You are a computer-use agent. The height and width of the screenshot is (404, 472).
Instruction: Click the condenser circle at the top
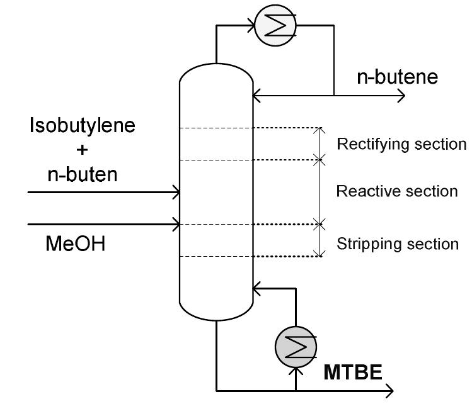tap(275, 26)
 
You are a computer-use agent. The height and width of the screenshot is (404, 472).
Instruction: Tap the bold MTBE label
tap(353, 373)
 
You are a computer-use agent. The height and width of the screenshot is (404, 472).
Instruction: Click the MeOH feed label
tap(75, 244)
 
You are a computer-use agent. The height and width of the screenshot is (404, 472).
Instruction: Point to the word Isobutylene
tap(83, 126)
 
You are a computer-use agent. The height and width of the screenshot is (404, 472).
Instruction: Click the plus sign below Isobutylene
tap(83, 150)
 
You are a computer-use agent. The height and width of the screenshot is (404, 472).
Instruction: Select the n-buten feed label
tap(83, 174)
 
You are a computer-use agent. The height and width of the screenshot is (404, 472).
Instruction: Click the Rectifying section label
tap(401, 145)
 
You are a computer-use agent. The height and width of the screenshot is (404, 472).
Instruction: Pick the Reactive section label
tap(397, 191)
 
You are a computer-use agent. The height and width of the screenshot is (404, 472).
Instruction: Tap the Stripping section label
tap(398, 244)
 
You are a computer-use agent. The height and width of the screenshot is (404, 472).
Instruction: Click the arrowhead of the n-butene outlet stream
tap(401, 96)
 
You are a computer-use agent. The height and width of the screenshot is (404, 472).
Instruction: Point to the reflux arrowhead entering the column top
tap(256, 96)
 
